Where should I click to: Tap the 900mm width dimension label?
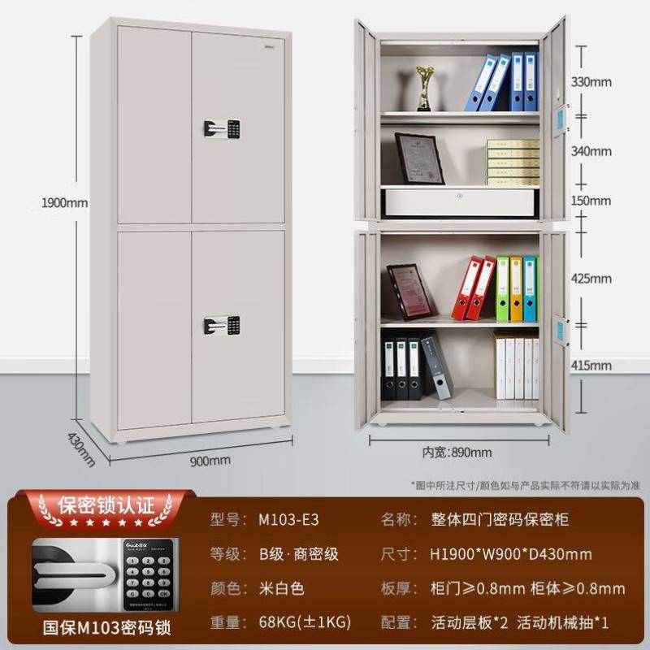pos(210,461)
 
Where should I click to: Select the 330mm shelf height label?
pos(592,82)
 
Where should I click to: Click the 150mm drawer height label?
pos(592,199)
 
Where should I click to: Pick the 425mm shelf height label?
pos(592,278)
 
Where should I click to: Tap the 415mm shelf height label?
pos(592,366)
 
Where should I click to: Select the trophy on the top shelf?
pos(424,88)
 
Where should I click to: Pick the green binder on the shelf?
pos(503,288)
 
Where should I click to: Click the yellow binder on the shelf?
pos(517,288)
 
